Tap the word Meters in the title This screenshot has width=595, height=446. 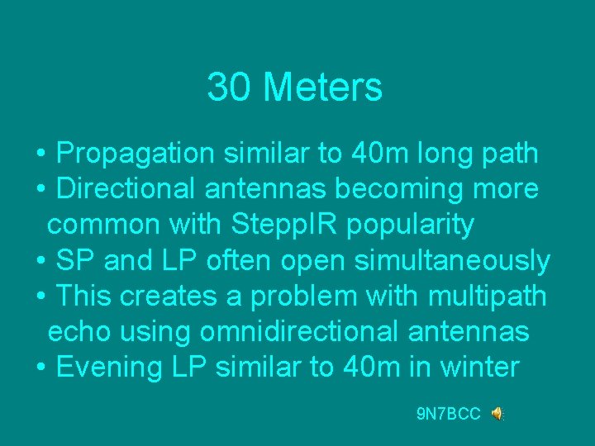coord(322,87)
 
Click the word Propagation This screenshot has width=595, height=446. coord(138,154)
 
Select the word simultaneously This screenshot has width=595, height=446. coord(452,260)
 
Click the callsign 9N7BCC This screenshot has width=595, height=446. coord(449,414)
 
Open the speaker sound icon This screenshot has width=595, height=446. coord(497,414)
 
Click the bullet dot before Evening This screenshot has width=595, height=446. coord(41,367)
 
